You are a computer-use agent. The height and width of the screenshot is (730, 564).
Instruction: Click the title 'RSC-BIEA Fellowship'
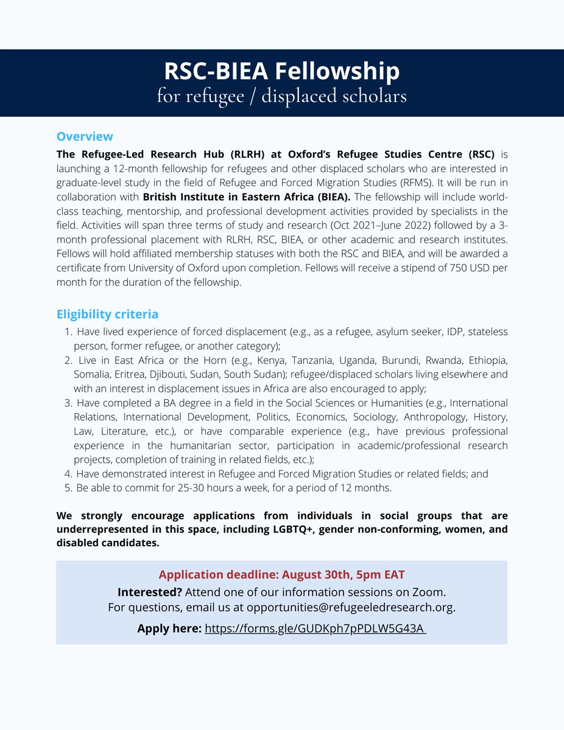281,71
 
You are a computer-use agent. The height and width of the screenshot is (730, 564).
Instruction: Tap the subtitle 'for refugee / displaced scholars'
281,96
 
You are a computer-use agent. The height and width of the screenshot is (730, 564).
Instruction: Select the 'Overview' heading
85,136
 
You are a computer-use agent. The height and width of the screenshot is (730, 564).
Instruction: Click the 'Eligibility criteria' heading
107,315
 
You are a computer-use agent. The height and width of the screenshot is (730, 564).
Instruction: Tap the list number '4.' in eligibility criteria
68,473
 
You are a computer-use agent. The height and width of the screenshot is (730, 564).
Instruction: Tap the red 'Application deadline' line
281,575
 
